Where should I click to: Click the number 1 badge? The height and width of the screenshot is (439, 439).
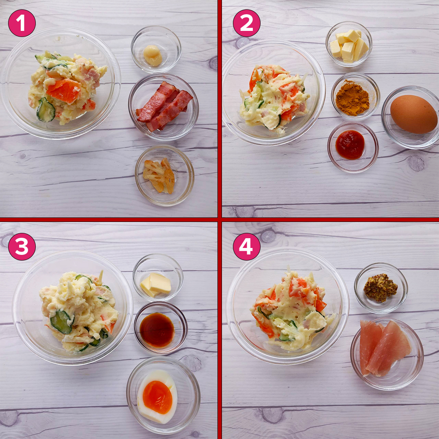coord(22,23)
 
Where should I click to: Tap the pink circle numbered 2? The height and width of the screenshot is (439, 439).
coord(247,23)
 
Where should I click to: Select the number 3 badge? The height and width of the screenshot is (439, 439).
coord(22,247)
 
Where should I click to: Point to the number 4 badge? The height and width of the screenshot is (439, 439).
coord(247,247)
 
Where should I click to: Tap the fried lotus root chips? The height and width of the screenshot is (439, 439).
coord(159,176)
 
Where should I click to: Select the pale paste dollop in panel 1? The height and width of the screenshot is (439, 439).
coord(152,55)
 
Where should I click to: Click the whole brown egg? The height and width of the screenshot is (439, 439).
coord(413,114)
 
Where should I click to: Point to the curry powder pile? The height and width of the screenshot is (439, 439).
coord(352,98)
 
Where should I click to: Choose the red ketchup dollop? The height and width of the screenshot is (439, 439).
coord(350,144)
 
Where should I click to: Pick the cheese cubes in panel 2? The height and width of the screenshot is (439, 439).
coord(349,46)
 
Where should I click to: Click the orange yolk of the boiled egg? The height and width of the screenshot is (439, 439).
coord(157,397)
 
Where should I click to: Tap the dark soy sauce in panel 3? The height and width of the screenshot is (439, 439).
coord(157,330)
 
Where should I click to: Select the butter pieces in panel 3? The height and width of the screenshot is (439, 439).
coord(156,285)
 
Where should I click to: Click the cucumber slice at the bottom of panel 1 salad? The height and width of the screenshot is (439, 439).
coord(46,110)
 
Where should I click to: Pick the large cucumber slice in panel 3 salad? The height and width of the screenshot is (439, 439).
coord(61,322)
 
